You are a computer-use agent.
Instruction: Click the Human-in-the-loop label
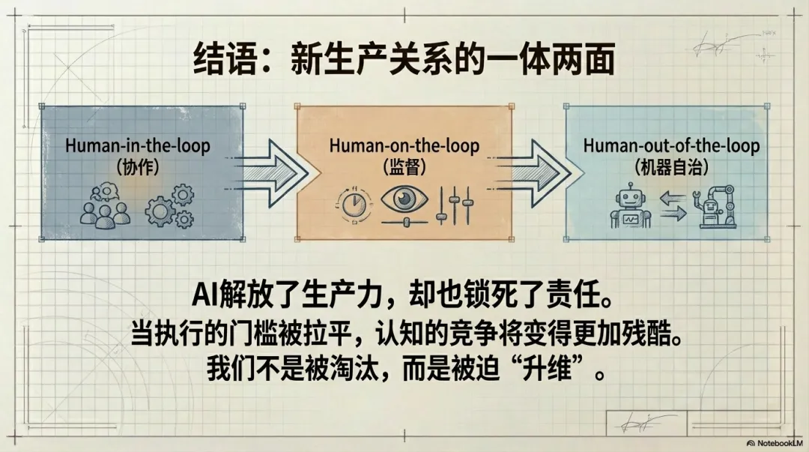138,145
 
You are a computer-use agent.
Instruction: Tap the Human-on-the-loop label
404,145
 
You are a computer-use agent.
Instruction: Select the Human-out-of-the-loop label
671,145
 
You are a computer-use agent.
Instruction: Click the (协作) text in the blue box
138,167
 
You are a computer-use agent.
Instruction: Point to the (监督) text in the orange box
404,166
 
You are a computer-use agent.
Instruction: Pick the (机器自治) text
671,166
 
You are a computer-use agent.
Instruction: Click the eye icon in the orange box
405,200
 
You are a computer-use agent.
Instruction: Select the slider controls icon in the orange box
455,204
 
